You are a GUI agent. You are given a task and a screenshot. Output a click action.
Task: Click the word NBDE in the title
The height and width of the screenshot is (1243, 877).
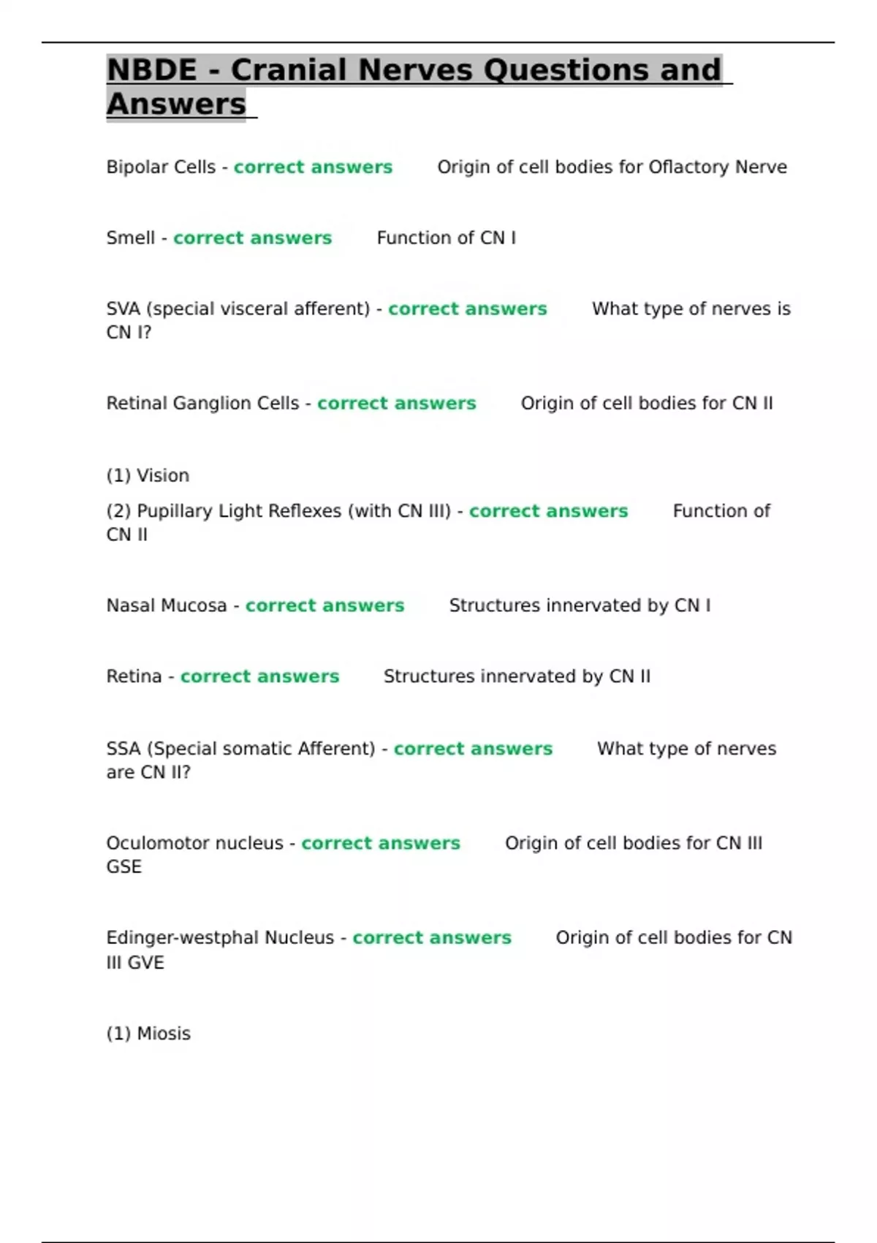(x=152, y=70)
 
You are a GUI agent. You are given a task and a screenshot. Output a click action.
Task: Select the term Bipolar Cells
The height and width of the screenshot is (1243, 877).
(x=161, y=167)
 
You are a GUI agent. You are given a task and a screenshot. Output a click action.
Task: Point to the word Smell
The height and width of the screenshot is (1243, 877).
(x=130, y=238)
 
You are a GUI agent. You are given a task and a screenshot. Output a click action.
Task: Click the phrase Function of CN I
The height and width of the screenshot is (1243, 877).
(x=446, y=238)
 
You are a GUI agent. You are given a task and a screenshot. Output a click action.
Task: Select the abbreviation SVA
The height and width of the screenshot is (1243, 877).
(x=123, y=309)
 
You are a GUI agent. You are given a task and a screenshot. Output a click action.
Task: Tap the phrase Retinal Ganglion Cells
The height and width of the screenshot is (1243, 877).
(x=202, y=404)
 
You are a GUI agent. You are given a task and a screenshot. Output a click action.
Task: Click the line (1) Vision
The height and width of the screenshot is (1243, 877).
(x=148, y=476)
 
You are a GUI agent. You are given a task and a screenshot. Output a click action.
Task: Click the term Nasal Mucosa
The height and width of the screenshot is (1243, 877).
(x=167, y=606)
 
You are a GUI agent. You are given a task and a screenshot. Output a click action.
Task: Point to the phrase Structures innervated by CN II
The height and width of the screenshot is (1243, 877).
(x=517, y=677)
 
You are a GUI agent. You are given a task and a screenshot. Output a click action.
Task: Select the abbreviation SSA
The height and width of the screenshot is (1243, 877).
(x=123, y=749)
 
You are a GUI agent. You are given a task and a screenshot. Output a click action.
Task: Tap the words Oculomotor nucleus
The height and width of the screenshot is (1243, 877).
(x=194, y=844)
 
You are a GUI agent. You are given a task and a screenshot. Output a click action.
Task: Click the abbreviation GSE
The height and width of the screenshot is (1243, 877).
(x=124, y=867)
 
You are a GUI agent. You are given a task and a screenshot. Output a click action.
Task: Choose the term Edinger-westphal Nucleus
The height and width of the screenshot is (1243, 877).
(x=220, y=938)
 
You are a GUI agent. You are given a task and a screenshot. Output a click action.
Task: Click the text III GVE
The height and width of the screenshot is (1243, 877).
(x=135, y=963)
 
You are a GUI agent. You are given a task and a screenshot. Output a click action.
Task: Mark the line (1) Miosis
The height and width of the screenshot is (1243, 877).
(x=148, y=1034)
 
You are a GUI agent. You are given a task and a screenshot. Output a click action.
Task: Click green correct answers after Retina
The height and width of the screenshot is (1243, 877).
(x=259, y=677)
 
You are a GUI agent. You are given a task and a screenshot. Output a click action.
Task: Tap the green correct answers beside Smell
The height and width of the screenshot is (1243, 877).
(x=252, y=238)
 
